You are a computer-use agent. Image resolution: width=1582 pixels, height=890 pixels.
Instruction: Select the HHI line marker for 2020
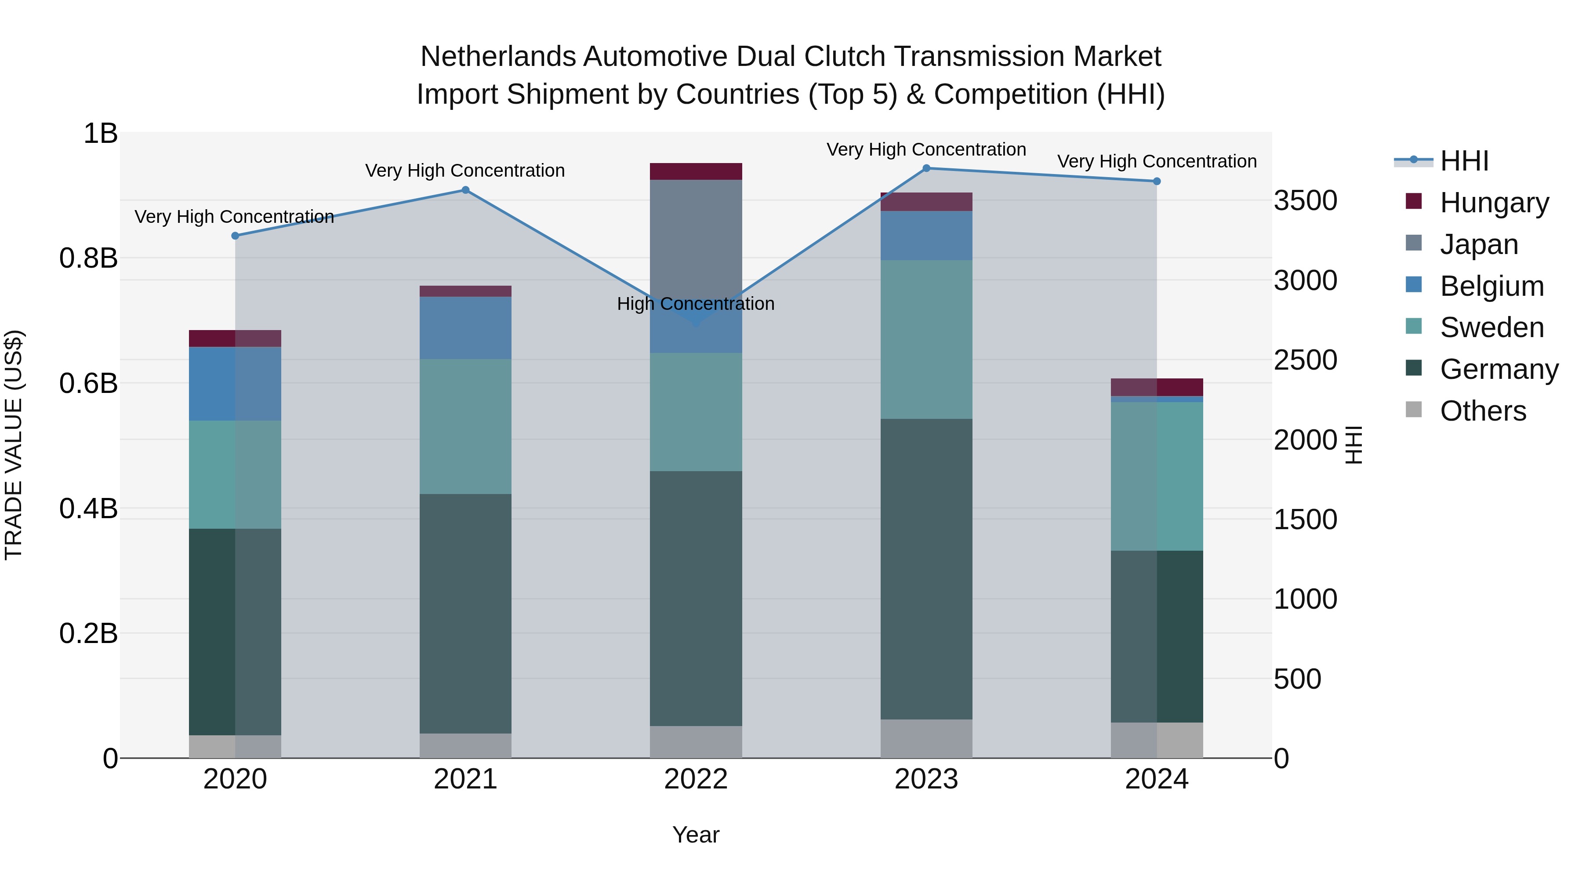tap(235, 236)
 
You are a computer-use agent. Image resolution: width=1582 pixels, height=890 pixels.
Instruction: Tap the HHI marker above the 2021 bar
tap(465, 190)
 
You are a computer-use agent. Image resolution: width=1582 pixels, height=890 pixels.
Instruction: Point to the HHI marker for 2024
tap(1157, 181)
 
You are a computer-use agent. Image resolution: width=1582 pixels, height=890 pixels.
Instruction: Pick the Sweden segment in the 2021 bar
tap(465, 426)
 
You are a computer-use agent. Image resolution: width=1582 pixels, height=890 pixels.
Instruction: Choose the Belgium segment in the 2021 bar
tap(465, 328)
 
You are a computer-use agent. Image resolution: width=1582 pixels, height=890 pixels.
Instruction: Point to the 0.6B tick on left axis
tap(88, 384)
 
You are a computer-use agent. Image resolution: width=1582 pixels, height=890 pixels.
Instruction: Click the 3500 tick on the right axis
tap(1306, 201)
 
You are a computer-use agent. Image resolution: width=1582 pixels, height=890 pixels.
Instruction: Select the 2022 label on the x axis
tap(696, 779)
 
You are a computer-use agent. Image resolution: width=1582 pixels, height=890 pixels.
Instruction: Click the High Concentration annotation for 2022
tap(696, 304)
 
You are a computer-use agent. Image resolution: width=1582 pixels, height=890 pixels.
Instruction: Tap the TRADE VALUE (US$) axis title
tap(14, 445)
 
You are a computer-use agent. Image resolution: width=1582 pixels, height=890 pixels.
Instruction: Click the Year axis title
tap(696, 835)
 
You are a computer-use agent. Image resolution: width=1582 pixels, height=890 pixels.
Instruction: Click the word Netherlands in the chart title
tap(498, 57)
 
